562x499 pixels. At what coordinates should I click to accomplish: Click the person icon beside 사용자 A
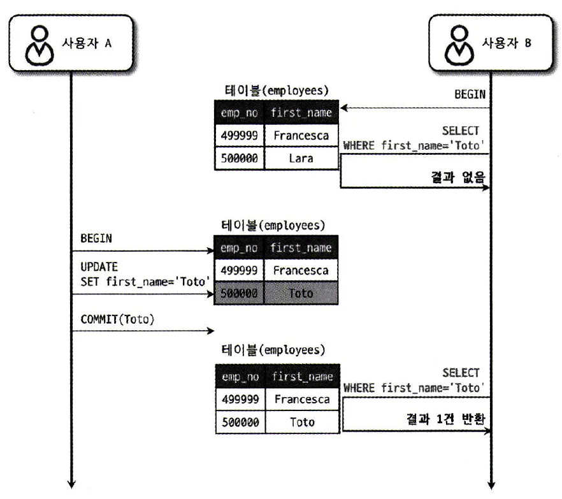coord(40,43)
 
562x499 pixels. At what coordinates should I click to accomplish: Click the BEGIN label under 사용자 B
coord(469,94)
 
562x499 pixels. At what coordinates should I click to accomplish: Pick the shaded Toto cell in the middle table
coord(301,293)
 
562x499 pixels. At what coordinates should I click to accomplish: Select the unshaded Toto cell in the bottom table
coord(302,422)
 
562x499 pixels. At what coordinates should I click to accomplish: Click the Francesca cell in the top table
coord(301,136)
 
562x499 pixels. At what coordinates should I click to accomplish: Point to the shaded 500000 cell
coord(240,293)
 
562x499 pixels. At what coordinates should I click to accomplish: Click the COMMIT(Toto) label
coord(117,320)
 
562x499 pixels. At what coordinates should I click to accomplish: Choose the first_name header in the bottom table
coord(301,377)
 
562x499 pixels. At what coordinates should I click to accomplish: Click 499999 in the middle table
coord(240,270)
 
